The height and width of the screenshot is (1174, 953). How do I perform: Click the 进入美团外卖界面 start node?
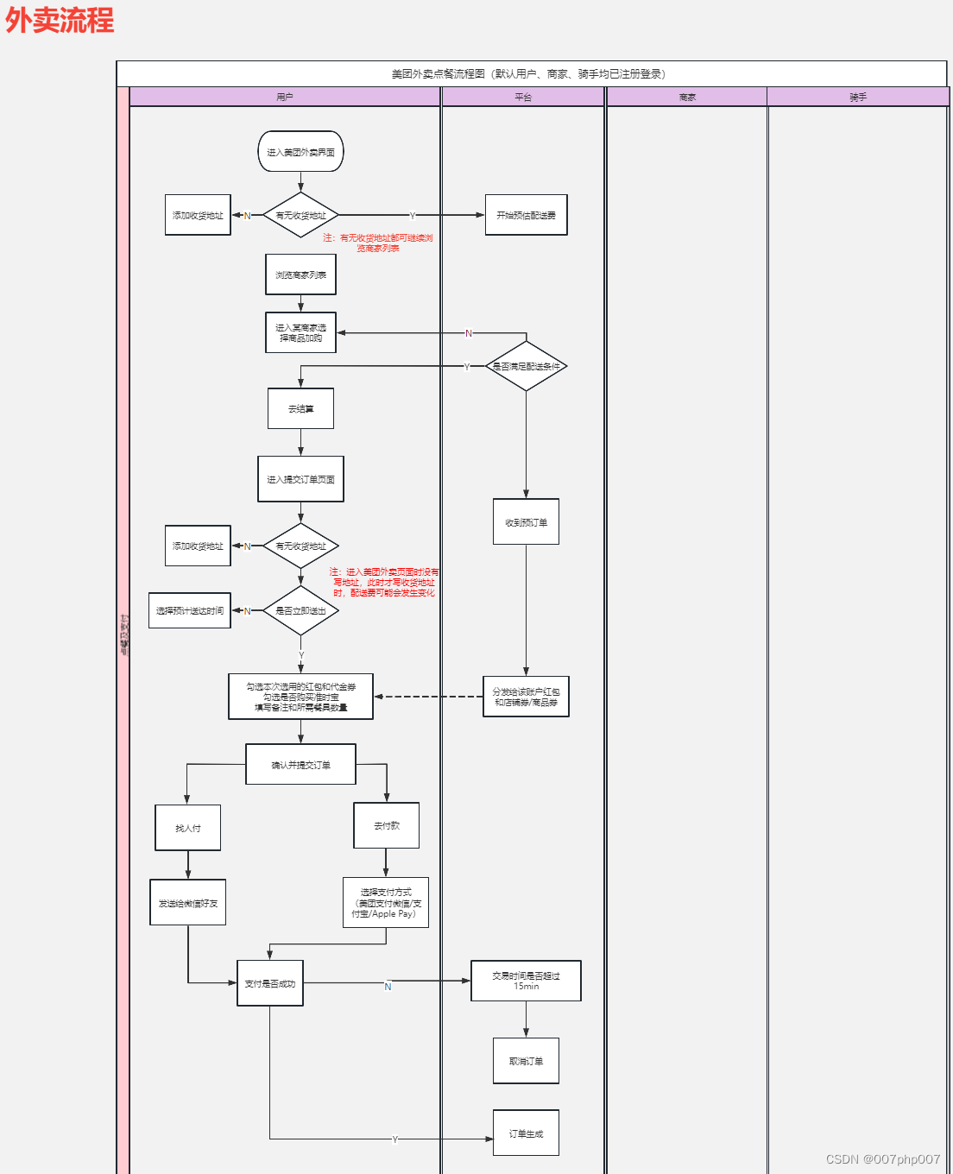(300, 152)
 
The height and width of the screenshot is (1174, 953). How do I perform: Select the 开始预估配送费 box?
(526, 215)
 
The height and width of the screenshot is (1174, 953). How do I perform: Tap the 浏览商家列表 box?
(300, 275)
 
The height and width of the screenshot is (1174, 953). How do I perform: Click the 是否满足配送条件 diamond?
(526, 366)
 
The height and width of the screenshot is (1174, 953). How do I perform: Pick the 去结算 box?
(300, 408)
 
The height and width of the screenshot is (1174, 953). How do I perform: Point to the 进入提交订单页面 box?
(300, 479)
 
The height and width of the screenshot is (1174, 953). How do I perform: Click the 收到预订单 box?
(526, 521)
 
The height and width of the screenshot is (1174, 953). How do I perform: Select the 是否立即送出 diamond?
(300, 610)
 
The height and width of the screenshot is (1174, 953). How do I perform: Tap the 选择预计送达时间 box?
(189, 610)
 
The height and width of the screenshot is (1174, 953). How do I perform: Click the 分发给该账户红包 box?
(526, 697)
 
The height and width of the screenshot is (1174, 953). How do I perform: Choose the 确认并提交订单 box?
(300, 765)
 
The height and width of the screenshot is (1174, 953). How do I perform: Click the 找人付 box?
(187, 828)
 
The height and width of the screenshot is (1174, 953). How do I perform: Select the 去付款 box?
(386, 825)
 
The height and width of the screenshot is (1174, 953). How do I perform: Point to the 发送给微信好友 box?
(187, 903)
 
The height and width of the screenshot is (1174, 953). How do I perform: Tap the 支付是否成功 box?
(269, 983)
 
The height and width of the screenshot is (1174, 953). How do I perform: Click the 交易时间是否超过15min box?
(526, 981)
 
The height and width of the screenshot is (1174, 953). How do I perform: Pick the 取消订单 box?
(526, 1061)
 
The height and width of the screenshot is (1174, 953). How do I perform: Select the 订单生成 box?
(526, 1133)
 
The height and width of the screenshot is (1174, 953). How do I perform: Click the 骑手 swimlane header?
(857, 97)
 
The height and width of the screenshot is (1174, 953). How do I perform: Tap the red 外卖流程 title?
(60, 20)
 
